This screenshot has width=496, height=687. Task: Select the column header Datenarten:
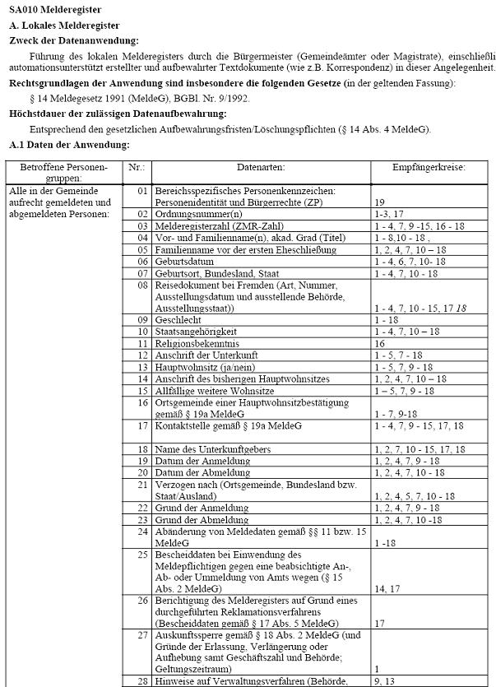coord(259,167)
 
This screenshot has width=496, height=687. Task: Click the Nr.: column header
coord(137,167)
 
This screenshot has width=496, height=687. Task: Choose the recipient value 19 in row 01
coord(379,202)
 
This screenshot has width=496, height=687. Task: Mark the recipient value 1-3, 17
coord(389,213)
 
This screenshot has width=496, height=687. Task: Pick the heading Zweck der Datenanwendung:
coord(73,40)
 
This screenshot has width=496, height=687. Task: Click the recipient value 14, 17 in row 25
coord(385,589)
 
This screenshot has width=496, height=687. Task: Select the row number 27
coord(143,635)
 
